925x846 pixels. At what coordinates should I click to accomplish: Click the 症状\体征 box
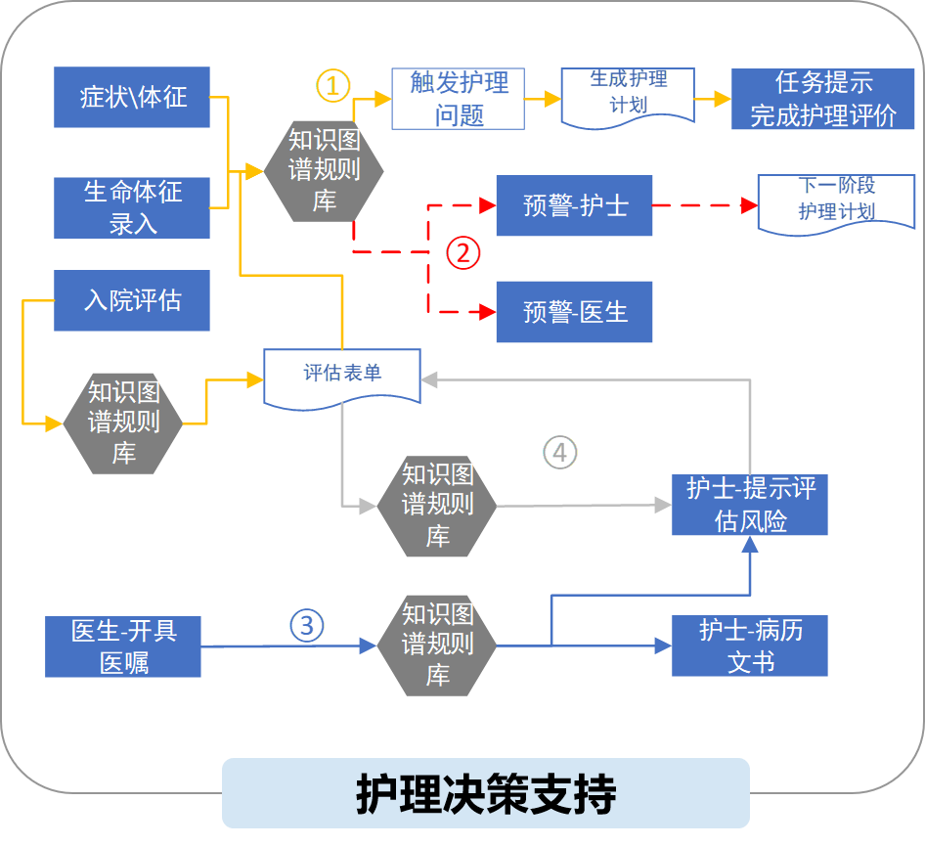[x=132, y=98]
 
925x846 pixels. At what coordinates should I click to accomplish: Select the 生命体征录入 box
[x=132, y=206]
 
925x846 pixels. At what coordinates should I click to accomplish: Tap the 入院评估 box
[x=132, y=300]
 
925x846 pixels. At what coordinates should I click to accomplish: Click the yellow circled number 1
[x=332, y=86]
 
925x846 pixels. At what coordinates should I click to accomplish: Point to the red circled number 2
[x=463, y=252]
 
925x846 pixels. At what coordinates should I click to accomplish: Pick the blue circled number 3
[x=306, y=625]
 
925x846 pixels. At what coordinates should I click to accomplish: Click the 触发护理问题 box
[x=458, y=99]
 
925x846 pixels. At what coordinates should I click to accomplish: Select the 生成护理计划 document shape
[x=628, y=94]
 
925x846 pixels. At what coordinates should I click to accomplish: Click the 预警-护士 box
[x=574, y=205]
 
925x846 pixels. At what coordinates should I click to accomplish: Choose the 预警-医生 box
[x=574, y=312]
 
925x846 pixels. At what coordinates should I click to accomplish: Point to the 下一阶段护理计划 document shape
[x=836, y=201]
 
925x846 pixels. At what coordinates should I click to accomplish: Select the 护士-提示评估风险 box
[x=750, y=505]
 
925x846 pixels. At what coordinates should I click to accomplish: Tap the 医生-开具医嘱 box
[x=123, y=646]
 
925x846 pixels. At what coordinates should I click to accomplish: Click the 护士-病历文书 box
[x=750, y=646]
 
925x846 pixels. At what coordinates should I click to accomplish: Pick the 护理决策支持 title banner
[x=485, y=793]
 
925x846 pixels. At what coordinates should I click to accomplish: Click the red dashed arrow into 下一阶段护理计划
[x=704, y=205]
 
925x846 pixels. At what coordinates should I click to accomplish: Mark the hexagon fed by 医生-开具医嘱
[x=437, y=645]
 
